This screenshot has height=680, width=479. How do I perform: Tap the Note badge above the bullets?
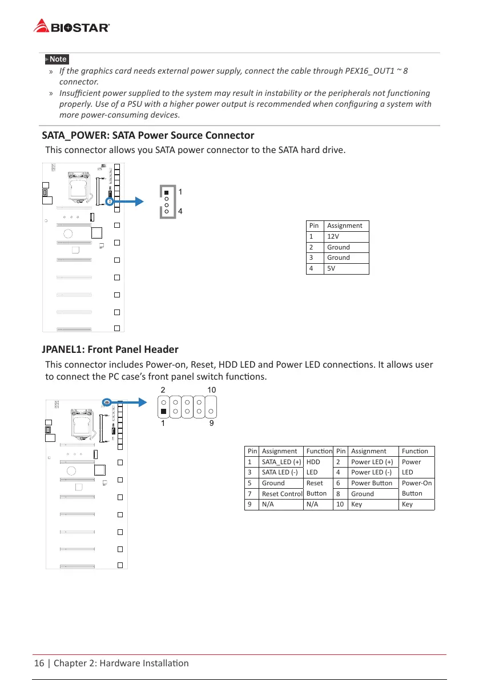[57, 59]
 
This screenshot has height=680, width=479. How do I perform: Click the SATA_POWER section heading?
[148, 135]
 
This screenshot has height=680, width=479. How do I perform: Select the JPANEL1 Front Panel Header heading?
[110, 349]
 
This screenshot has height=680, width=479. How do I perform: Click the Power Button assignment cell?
[372, 482]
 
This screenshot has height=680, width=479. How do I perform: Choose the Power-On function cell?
[416, 482]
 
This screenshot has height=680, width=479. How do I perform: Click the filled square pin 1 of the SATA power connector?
[167, 192]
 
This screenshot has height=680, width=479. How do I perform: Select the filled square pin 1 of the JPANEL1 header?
[163, 411]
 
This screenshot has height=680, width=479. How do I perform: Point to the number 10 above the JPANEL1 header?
[211, 389]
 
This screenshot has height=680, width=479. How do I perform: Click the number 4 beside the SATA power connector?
[180, 211]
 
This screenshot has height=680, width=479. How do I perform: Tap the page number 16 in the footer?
[39, 663]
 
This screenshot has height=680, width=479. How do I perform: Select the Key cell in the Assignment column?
[357, 504]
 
